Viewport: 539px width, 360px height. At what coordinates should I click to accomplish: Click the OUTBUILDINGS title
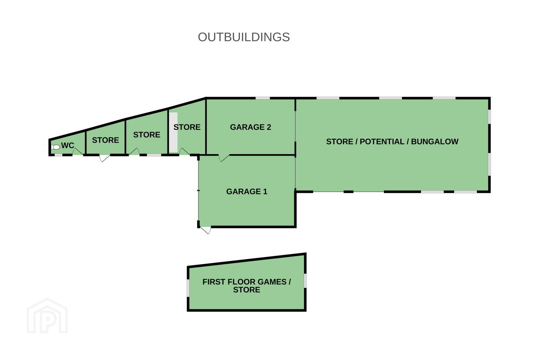244,37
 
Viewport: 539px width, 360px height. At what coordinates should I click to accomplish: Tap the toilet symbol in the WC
55,147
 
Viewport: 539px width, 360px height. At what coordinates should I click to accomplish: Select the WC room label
68,145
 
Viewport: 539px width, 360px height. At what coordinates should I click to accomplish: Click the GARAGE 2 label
250,127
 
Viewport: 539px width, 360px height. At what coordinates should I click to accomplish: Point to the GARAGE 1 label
247,191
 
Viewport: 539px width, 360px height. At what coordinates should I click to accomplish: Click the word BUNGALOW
435,141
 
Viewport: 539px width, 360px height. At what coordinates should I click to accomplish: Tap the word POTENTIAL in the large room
382,141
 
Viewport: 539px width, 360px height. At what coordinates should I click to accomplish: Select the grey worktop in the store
173,132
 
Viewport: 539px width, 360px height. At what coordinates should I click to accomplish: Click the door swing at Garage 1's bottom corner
206,230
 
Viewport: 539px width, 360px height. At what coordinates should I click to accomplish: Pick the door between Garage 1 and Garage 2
224,158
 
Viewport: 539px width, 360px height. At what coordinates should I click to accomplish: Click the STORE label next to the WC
105,140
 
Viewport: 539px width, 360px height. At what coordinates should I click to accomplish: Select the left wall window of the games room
188,288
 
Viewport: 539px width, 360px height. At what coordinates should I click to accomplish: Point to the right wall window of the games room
305,281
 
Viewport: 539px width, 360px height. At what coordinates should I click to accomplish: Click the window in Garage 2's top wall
263,98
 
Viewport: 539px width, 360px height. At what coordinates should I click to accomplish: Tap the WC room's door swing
78,151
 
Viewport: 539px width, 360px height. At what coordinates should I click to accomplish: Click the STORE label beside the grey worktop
187,127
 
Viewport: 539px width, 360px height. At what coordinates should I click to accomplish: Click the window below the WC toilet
58,155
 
